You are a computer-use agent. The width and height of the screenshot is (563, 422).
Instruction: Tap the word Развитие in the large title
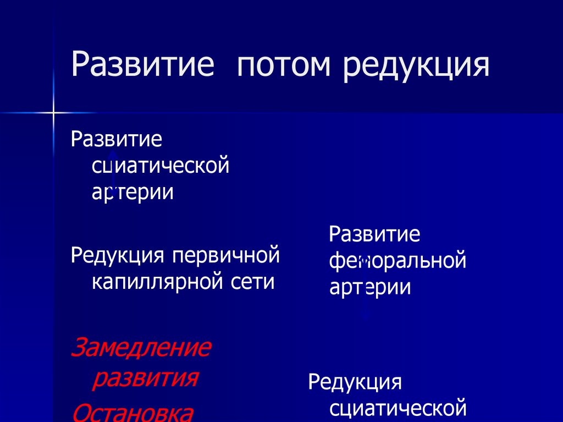click(x=142, y=65)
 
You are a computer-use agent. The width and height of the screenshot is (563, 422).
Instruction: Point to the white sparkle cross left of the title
click(x=53, y=113)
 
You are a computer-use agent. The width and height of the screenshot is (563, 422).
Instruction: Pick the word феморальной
click(x=398, y=260)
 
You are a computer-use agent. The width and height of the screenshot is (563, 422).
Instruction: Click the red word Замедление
click(x=141, y=348)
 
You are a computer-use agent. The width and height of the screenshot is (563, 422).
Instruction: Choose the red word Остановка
click(x=133, y=412)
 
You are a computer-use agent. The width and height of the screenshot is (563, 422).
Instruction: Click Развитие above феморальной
click(x=374, y=234)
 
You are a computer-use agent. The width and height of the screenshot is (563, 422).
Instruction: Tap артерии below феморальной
click(x=370, y=287)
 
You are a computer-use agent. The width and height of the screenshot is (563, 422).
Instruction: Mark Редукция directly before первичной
click(x=118, y=255)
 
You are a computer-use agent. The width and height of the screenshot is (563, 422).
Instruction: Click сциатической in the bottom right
click(x=398, y=409)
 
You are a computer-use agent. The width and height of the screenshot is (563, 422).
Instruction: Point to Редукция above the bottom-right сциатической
click(x=355, y=382)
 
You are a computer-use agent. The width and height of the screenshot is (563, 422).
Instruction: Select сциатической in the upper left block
click(x=160, y=165)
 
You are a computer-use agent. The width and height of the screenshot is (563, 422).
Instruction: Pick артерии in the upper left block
click(x=133, y=192)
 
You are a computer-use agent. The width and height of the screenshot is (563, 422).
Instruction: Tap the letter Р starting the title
click(x=80, y=65)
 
